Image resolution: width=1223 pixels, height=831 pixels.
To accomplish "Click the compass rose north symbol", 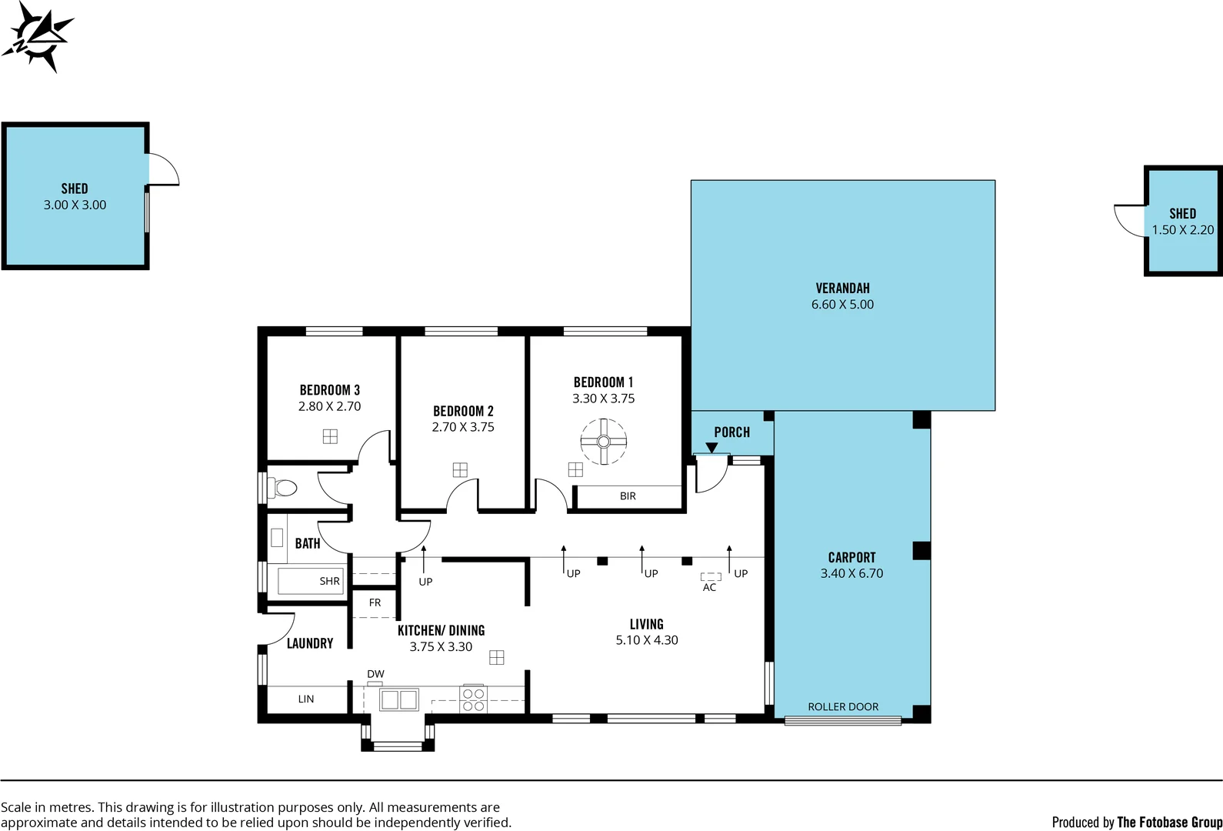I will (x=36, y=36).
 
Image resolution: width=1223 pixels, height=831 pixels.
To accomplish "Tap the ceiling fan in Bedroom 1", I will (x=603, y=442).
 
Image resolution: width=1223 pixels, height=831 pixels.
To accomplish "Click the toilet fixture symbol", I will (x=285, y=488).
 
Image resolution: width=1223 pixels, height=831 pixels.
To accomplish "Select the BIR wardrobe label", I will (x=628, y=496).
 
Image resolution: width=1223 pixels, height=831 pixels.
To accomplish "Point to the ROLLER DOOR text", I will (x=843, y=706).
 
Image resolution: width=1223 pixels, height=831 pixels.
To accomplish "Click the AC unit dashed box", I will (x=710, y=576).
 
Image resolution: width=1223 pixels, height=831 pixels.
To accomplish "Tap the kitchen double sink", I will (x=398, y=699).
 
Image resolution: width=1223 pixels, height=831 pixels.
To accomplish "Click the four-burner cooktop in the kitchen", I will (x=473, y=699).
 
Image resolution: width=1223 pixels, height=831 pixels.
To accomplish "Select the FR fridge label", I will (x=375, y=602).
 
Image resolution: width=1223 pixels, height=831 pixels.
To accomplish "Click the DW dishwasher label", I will (x=375, y=674).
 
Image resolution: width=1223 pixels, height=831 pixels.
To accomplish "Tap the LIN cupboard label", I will (x=306, y=699).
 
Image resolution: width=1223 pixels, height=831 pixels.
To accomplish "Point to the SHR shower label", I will (x=329, y=581).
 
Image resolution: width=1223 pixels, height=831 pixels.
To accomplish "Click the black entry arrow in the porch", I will (x=711, y=447).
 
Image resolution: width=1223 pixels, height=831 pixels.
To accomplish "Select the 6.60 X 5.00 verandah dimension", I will (x=842, y=305).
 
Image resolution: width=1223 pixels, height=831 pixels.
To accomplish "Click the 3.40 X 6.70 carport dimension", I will (x=851, y=573).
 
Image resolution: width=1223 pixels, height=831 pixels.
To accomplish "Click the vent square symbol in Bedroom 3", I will (x=330, y=436).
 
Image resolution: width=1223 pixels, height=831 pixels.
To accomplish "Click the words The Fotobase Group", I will (x=1169, y=822).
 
